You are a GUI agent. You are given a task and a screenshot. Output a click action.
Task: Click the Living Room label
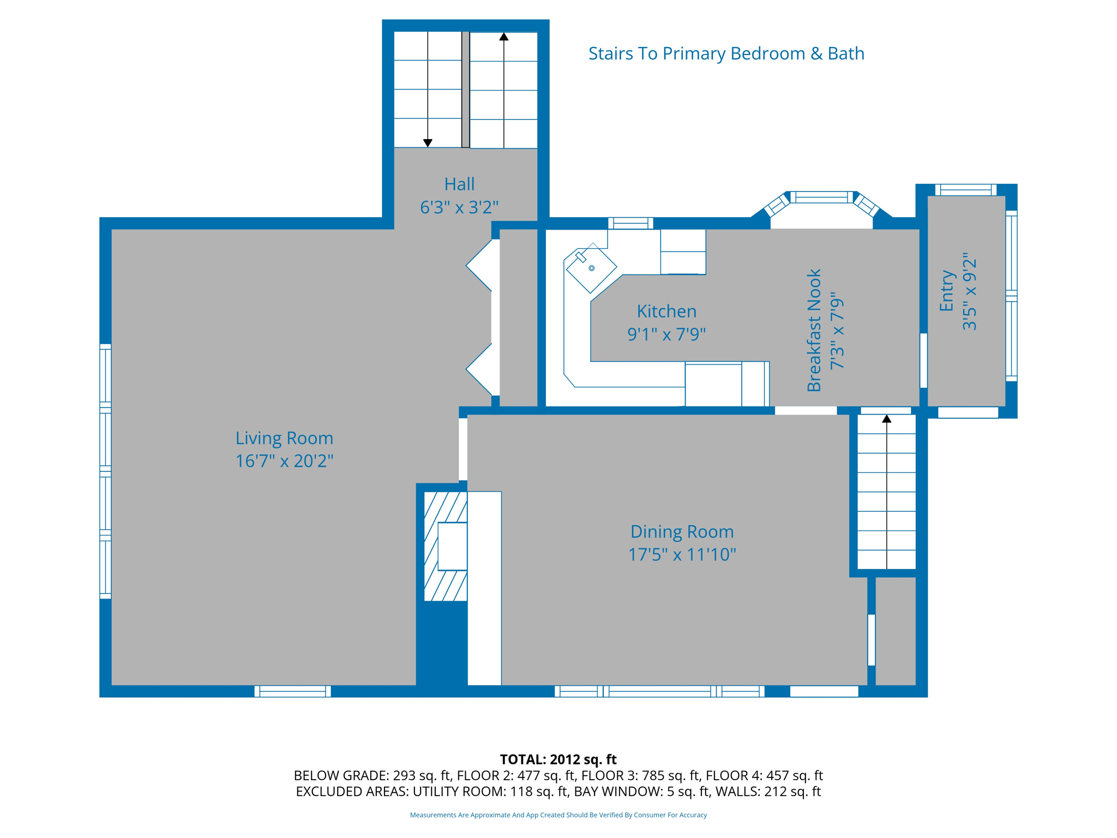(284, 438)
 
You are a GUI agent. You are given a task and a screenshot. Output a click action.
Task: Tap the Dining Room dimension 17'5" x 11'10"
(682, 554)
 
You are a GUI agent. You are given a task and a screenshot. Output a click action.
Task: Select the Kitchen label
(666, 312)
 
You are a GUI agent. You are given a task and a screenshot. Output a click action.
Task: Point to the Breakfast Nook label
(814, 330)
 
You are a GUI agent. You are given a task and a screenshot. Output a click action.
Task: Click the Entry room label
(947, 291)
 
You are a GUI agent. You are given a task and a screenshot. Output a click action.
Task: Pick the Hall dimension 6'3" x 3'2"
(459, 207)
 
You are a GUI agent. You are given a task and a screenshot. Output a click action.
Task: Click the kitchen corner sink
(591, 268)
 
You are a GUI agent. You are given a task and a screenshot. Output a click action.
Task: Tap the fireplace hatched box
(446, 546)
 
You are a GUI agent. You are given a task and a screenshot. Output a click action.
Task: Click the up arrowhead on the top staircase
(504, 37)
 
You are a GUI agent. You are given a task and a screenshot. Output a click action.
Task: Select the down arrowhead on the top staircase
(428, 143)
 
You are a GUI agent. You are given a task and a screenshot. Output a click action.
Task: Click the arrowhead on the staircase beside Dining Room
(887, 418)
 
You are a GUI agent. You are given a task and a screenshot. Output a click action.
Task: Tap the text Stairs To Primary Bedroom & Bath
(726, 53)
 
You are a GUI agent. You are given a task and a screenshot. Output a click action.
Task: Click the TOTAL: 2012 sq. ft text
(558, 759)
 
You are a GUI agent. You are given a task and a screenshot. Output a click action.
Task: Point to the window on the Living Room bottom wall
(293, 691)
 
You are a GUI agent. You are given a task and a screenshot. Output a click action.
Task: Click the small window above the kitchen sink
(630, 223)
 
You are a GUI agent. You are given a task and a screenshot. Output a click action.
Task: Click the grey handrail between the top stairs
(466, 89)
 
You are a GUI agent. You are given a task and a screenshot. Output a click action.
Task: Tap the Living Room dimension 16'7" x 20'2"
(284, 461)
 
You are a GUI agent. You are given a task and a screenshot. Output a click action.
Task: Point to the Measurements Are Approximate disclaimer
(558, 815)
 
